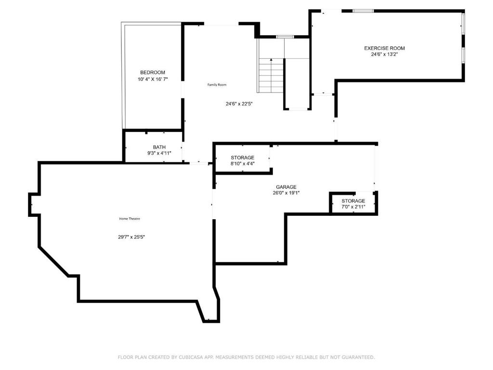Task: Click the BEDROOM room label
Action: (152, 72)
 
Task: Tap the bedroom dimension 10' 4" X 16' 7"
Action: (152, 79)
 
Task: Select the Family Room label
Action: (217, 85)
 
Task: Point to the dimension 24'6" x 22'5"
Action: (239, 104)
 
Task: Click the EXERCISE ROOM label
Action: (384, 48)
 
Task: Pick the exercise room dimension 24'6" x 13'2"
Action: (384, 54)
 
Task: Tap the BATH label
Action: (159, 147)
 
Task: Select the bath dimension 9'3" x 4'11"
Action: (159, 153)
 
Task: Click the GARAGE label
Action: (286, 187)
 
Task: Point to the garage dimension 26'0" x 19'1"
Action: (286, 193)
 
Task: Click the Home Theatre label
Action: (130, 219)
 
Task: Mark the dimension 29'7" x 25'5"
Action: (131, 237)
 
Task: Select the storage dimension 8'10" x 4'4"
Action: (242, 164)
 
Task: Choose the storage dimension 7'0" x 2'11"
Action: (353, 207)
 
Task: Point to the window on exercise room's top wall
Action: (363, 11)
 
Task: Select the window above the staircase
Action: (285, 37)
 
